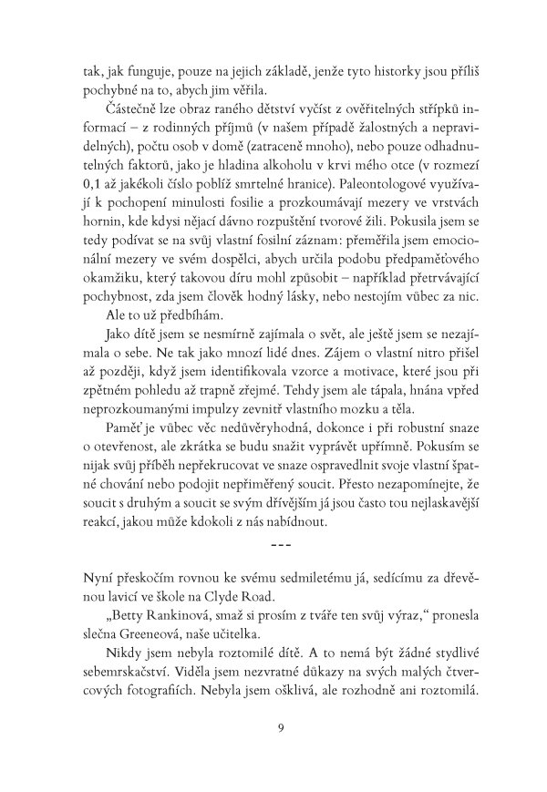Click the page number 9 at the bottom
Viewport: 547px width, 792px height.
click(273, 726)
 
